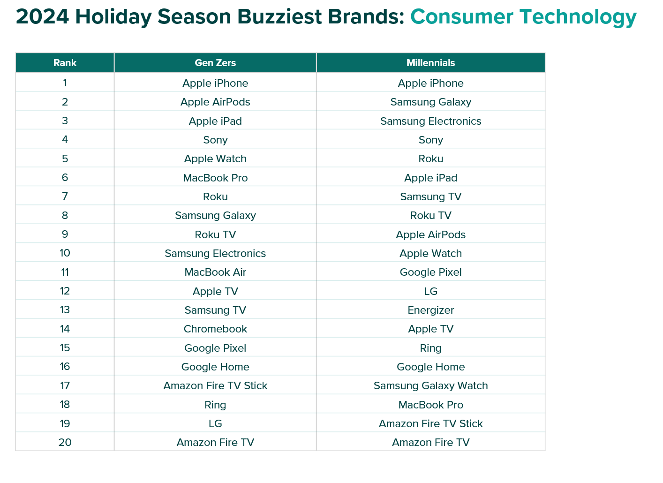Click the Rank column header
(x=65, y=63)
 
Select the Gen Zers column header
(x=215, y=63)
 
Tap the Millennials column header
(x=430, y=63)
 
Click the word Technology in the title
(x=578, y=17)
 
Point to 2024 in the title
(x=42, y=16)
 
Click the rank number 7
(x=65, y=196)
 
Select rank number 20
(x=65, y=442)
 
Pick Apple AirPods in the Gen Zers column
(x=215, y=102)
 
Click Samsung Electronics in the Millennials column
(x=430, y=121)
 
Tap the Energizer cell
(x=430, y=310)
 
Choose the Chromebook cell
(x=215, y=329)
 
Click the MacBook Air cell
(x=215, y=272)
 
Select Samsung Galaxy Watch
(x=430, y=385)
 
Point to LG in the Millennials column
(x=430, y=291)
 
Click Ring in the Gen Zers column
(x=215, y=405)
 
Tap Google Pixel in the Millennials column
(x=430, y=272)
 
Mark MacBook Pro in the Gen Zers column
(x=215, y=178)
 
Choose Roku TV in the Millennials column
(x=430, y=215)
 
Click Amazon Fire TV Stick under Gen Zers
(x=215, y=385)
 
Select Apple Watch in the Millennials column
(x=430, y=254)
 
